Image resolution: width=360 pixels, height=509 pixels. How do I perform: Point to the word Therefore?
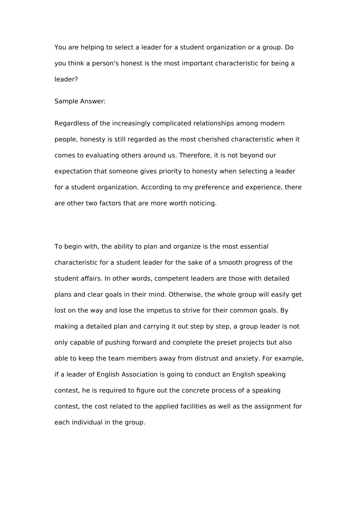pyautogui.click(x=194, y=155)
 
